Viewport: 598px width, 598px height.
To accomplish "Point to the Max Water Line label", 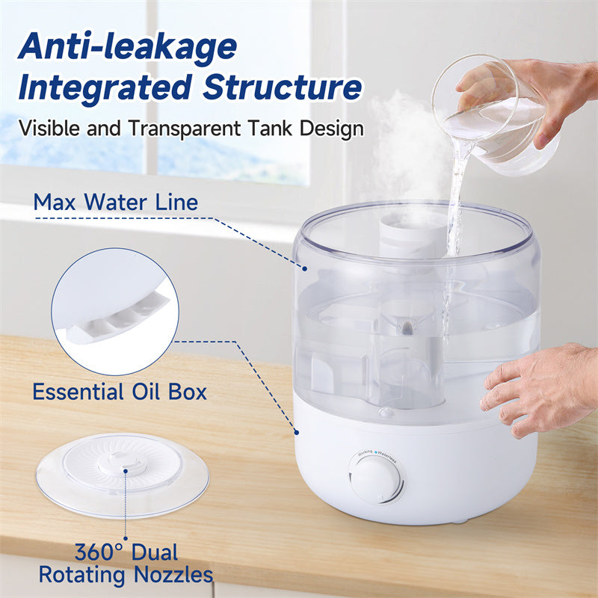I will click(116, 202).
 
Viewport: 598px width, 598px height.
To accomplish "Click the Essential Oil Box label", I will click(120, 392).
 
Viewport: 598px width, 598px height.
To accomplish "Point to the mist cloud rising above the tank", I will click(404, 149).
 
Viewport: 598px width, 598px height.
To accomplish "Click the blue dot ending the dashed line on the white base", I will click(297, 431).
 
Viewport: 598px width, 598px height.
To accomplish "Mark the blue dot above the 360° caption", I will click(125, 537).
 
